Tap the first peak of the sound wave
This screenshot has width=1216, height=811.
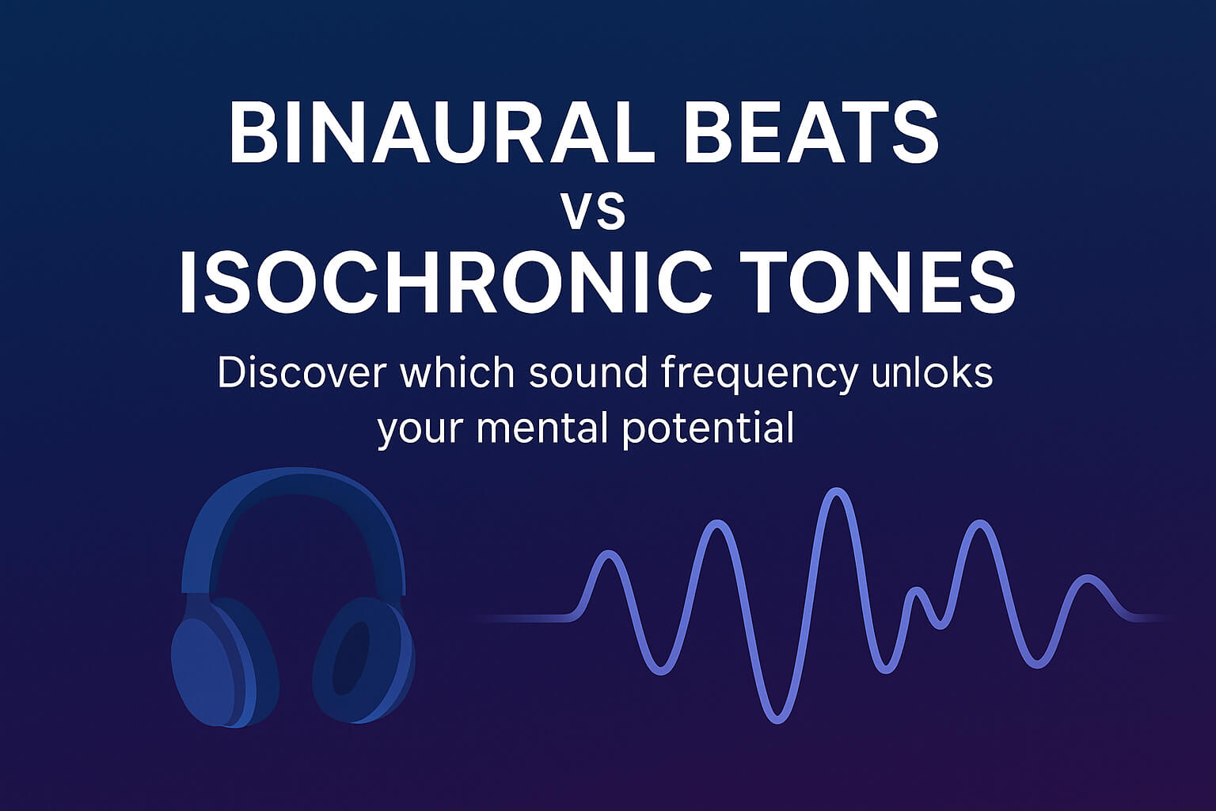click(608, 554)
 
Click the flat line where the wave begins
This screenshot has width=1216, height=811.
click(522, 618)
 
